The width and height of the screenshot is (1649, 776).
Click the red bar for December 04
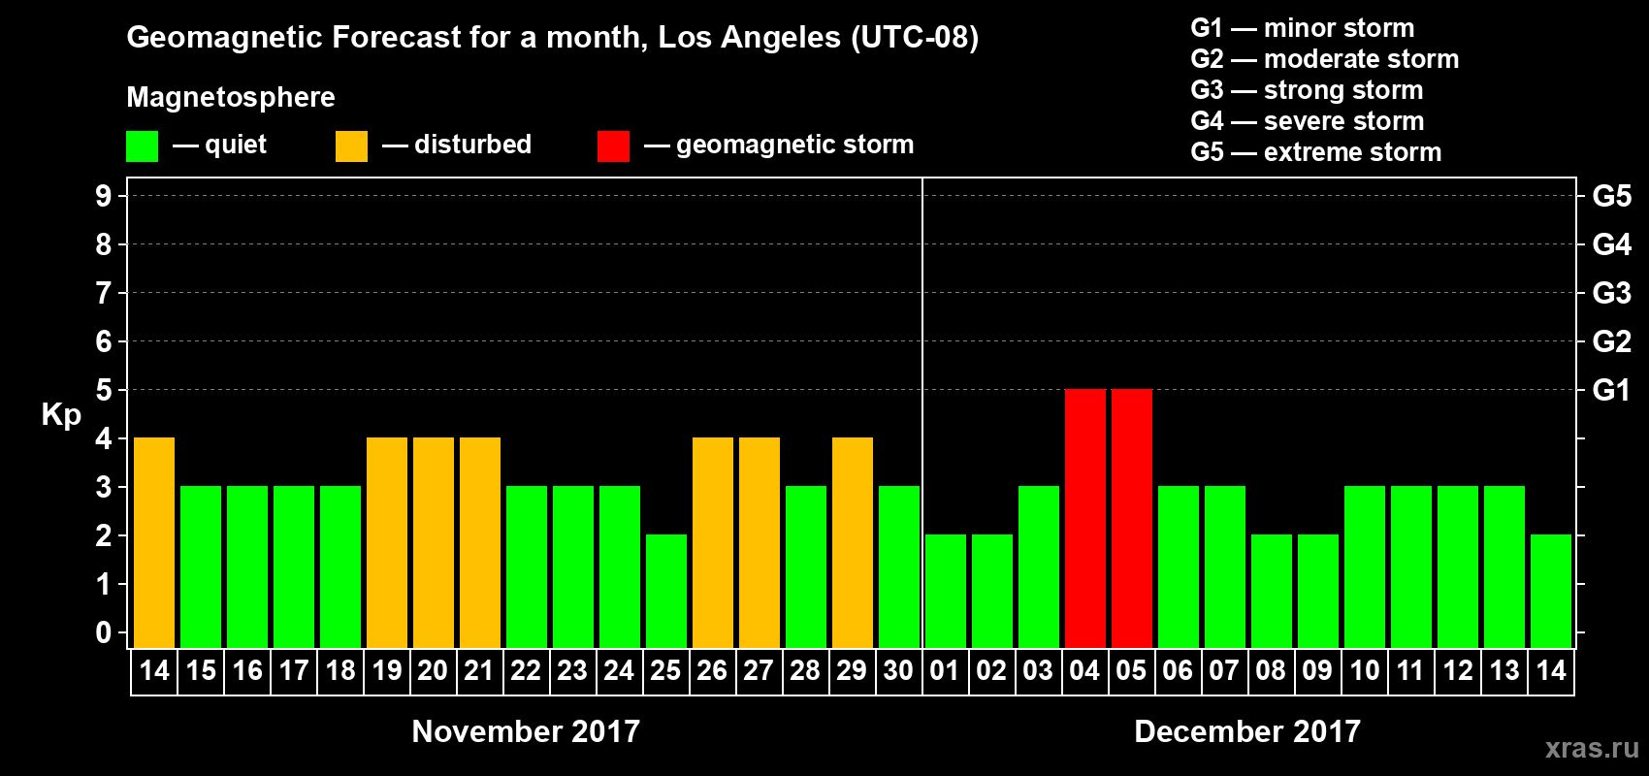click(x=1084, y=518)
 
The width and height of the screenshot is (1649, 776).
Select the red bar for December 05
click(x=1131, y=518)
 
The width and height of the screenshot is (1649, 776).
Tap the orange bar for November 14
click(x=154, y=542)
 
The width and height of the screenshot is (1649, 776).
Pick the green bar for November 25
click(x=666, y=591)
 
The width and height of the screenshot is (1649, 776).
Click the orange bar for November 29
click(x=853, y=542)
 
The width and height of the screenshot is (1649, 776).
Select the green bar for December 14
click(x=1551, y=591)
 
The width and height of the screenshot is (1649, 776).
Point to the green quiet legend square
click(x=142, y=146)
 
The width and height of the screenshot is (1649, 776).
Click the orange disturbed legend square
click(x=351, y=146)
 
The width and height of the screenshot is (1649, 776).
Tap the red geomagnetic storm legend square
click(x=613, y=146)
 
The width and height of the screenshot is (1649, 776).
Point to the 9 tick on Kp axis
click(x=104, y=196)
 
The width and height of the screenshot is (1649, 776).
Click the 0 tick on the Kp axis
click(x=104, y=632)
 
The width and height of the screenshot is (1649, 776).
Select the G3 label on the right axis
click(x=1611, y=293)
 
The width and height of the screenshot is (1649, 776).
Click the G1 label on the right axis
click(x=1611, y=390)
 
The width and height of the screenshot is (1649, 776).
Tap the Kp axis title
click(x=61, y=415)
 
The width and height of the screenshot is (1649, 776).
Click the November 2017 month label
click(x=526, y=731)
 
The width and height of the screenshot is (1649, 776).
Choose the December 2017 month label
click(x=1247, y=731)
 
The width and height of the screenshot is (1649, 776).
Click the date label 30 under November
click(x=898, y=671)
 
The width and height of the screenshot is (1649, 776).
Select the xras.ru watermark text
click(x=1592, y=748)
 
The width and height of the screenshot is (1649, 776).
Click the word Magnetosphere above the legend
click(x=231, y=97)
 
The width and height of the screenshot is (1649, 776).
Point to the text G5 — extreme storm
click(x=1315, y=152)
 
